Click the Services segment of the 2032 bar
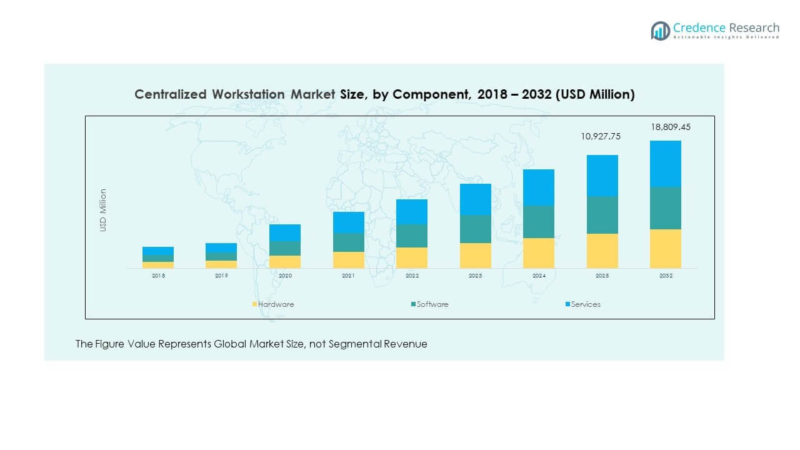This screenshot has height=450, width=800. tap(666, 164)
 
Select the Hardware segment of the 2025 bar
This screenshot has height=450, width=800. tap(602, 251)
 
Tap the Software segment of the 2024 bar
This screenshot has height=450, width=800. tap(539, 222)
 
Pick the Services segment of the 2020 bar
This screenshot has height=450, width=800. tap(285, 233)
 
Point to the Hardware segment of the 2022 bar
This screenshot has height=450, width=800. tap(412, 257)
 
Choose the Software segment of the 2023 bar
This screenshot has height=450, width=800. tap(475, 229)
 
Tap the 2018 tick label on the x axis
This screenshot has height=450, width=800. tap(158, 276)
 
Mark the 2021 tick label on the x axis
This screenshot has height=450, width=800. tap(348, 276)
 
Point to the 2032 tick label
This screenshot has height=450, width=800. tap(666, 276)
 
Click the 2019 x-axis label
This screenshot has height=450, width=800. tap(221, 276)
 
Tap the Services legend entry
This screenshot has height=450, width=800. tap(586, 304)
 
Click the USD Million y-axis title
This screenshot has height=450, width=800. tap(103, 211)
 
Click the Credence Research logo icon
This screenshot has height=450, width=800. tap(660, 31)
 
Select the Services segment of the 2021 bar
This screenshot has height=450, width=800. tap(348, 222)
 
